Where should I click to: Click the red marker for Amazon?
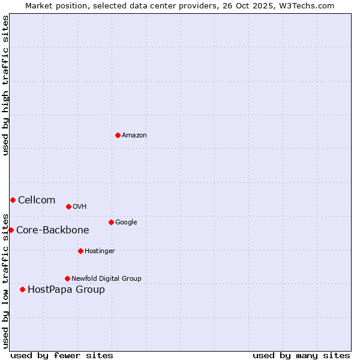pyautogui.click(x=118, y=135)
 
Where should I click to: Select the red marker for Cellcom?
pyautogui.click(x=13, y=200)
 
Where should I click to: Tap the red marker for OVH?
pyautogui.click(x=68, y=206)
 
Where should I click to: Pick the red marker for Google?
pyautogui.click(x=111, y=222)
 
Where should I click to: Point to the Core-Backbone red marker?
pyautogui.click(x=11, y=230)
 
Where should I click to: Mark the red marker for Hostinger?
pyautogui.click(x=80, y=251)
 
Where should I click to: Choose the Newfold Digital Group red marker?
pyautogui.click(x=67, y=278)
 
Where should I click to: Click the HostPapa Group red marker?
pyautogui.click(x=22, y=289)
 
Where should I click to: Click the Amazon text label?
pyautogui.click(x=134, y=135)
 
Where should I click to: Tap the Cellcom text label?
pyautogui.click(x=37, y=200)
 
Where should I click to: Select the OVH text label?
pyautogui.click(x=80, y=206)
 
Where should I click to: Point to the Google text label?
pyautogui.click(x=126, y=222)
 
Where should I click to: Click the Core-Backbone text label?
pyautogui.click(x=53, y=230)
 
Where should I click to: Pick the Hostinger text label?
pyautogui.click(x=100, y=251)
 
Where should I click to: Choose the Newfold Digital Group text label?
pyautogui.click(x=106, y=278)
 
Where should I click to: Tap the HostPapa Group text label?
pyautogui.click(x=66, y=289)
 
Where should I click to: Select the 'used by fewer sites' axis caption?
pyautogui.click(x=62, y=355)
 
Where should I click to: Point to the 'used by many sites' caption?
pyautogui.click(x=301, y=355)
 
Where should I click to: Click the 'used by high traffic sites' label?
pyautogui.click(x=5, y=85)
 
